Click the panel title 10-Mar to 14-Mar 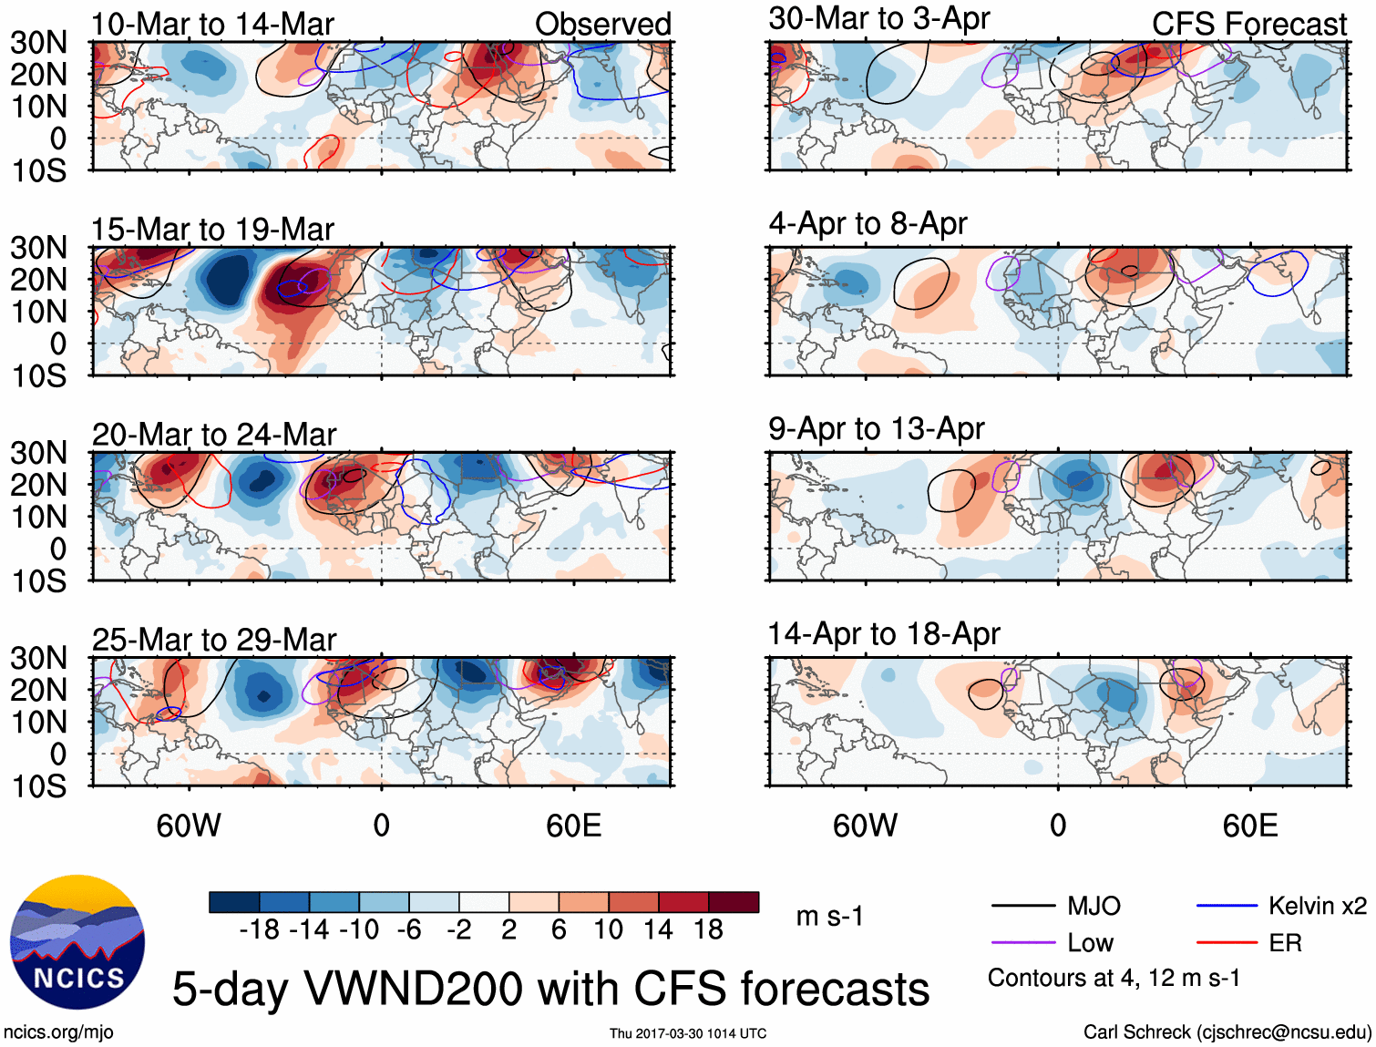[212, 25]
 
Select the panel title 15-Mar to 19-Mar [212, 230]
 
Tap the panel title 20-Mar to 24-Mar [213, 435]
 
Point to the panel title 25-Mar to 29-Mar [213, 640]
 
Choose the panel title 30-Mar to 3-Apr [878, 19]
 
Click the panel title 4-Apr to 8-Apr [867, 224]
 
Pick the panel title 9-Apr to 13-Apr [876, 429]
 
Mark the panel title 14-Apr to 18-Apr [883, 634]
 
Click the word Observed [602, 25]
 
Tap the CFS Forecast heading [1248, 25]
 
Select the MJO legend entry [1094, 906]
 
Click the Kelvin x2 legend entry [1317, 906]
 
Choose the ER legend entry [1285, 943]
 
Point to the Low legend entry [1090, 943]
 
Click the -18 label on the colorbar [259, 929]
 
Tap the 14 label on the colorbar [658, 929]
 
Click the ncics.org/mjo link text [58, 1032]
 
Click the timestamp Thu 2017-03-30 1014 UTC [688, 1033]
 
